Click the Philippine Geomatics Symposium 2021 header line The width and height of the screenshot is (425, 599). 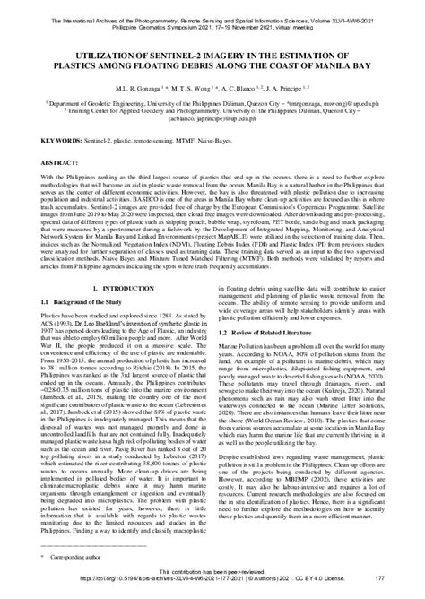(212, 15)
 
